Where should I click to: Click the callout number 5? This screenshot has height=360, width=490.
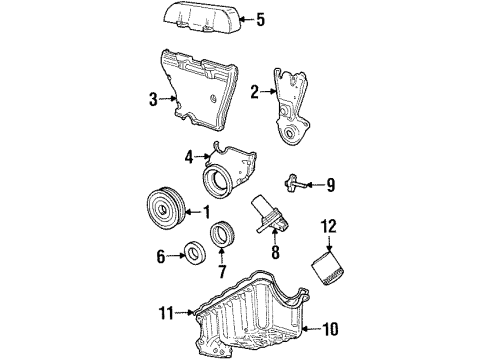pyautogui.click(x=260, y=20)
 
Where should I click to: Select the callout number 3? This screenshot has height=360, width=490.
pyautogui.click(x=153, y=99)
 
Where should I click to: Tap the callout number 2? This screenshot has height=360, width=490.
pyautogui.click(x=255, y=92)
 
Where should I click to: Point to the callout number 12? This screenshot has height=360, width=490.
pyautogui.click(x=329, y=226)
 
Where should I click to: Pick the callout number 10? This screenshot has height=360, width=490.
pyautogui.click(x=331, y=329)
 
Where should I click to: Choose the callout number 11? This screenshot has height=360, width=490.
pyautogui.click(x=166, y=313)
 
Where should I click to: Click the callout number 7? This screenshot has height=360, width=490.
pyautogui.click(x=222, y=271)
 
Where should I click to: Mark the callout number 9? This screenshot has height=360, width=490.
pyautogui.click(x=330, y=185)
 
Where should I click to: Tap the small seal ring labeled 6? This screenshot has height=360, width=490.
pyautogui.click(x=195, y=254)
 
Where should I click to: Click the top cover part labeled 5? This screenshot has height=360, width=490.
pyautogui.click(x=202, y=18)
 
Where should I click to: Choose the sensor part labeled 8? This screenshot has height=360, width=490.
pyautogui.click(x=270, y=216)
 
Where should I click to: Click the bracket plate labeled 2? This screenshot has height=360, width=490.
pyautogui.click(x=290, y=107)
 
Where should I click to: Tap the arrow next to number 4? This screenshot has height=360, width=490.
pyautogui.click(x=203, y=156)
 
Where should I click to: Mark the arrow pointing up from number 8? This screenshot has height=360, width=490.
pyautogui.click(x=275, y=237)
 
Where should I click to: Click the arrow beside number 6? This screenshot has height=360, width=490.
pyautogui.click(x=176, y=256)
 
